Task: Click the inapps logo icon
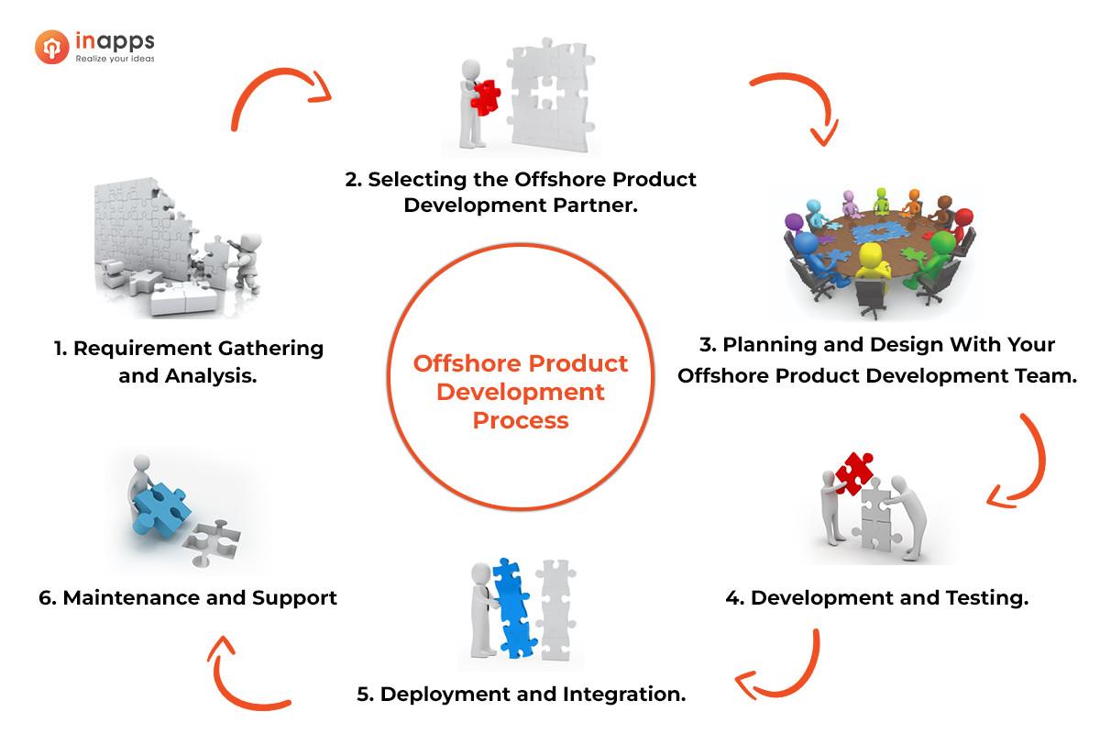coord(52,47)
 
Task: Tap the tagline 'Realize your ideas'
coord(115,59)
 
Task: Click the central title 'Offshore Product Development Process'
coord(521,392)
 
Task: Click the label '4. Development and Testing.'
coord(876,598)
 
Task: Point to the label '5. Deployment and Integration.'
coord(521,694)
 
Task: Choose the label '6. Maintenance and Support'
coord(188,598)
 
